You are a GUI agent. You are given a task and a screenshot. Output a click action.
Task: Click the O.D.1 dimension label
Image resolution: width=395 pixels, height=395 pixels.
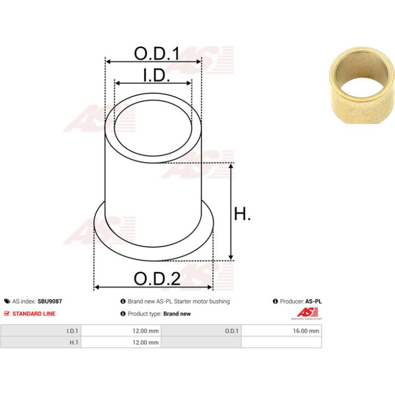click(156, 53)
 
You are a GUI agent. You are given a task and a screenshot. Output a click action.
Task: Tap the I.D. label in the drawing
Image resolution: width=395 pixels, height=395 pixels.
click(156, 75)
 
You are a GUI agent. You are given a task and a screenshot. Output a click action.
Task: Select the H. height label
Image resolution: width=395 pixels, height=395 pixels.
click(242, 214)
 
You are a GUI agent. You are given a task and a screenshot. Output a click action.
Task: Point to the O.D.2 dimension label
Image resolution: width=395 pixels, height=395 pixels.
click(157, 279)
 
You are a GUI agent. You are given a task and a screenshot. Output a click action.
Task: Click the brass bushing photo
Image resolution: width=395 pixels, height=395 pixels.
click(362, 85)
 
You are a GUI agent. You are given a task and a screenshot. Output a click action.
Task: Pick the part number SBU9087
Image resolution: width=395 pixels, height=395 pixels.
click(50, 301)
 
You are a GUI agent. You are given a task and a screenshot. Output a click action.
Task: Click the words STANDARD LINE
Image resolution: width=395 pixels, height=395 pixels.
click(34, 313)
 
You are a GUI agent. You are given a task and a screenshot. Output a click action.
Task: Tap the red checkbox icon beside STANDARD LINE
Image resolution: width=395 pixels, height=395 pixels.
click(7, 313)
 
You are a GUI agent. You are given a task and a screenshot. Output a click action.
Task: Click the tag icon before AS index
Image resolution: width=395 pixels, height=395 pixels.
click(7, 301)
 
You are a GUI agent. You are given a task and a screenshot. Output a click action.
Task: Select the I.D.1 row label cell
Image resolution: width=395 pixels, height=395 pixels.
click(41, 331)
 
